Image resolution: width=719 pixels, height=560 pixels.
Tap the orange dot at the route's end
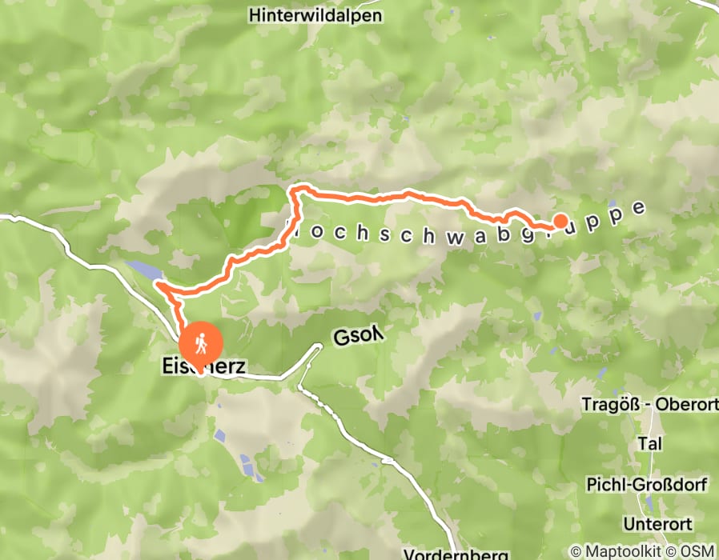[560, 222]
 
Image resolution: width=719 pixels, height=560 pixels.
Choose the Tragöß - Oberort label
[649, 404]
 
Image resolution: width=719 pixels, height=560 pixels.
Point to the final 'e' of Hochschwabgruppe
[638, 208]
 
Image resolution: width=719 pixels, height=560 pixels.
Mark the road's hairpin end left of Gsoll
[318, 346]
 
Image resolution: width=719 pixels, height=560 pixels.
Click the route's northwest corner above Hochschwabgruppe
[293, 190]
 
